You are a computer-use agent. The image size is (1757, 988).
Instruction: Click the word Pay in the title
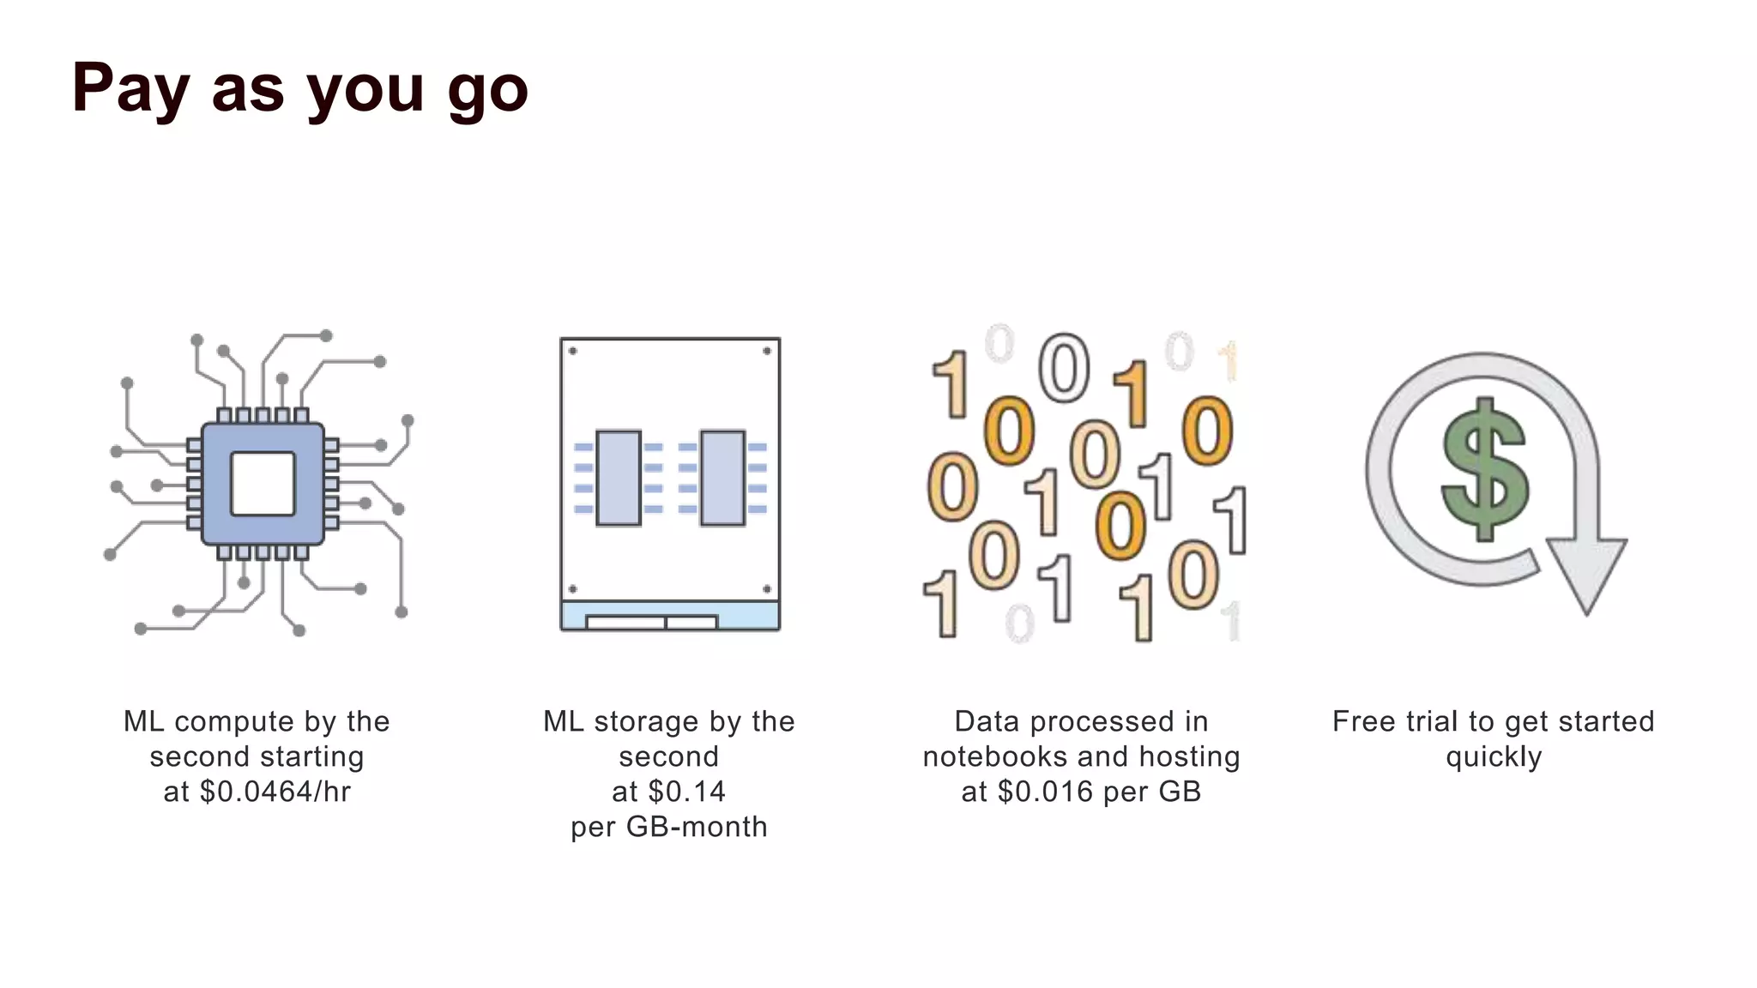point(130,87)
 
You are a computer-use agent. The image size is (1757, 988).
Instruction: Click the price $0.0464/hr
point(275,792)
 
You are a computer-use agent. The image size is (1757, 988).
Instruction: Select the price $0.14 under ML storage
point(687,792)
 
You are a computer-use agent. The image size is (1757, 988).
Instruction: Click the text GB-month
point(697,827)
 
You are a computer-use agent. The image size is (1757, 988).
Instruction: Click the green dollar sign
point(1485,469)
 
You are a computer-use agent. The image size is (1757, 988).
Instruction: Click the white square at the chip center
point(263,484)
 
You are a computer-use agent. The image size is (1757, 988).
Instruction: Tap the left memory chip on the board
point(619,478)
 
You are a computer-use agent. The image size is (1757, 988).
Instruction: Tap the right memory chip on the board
point(722,478)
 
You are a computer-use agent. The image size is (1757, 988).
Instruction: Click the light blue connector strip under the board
point(670,616)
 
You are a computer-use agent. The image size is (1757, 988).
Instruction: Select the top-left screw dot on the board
point(573,351)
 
